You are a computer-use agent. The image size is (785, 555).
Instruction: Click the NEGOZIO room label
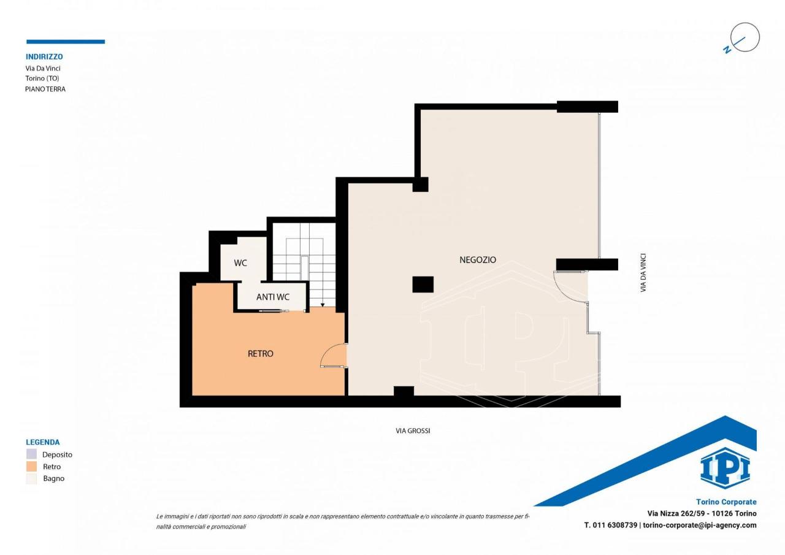[478, 259]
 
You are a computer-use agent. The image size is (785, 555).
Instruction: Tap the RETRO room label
[261, 353]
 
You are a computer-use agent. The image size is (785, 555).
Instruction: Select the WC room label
[240, 263]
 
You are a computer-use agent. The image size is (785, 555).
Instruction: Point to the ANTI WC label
[273, 297]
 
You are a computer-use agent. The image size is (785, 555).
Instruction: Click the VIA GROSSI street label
[413, 431]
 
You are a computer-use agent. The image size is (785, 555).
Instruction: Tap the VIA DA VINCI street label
[643, 273]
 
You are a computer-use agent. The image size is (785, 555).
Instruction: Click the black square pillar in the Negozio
[423, 284]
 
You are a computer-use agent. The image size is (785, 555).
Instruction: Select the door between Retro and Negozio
[334, 355]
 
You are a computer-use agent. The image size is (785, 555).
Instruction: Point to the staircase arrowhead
[323, 305]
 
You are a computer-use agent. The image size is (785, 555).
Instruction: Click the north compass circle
[745, 37]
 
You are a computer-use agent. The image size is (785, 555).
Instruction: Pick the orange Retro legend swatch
[31, 466]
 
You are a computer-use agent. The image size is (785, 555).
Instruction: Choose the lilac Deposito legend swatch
[31, 454]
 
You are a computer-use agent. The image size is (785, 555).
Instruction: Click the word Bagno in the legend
[53, 478]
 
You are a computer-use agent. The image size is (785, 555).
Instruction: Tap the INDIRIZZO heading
[44, 56]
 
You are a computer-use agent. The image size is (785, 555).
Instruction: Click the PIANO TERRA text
[45, 89]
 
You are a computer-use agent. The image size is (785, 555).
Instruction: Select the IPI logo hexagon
[725, 468]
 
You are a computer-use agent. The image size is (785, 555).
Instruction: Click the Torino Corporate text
[726, 502]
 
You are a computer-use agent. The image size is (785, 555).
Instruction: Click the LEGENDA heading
[43, 442]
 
